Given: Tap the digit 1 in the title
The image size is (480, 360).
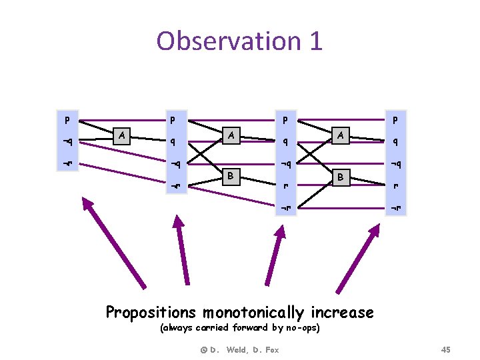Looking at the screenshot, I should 315,41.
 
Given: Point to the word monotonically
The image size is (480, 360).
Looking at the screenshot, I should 253,312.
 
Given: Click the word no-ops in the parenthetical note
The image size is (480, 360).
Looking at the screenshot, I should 303,328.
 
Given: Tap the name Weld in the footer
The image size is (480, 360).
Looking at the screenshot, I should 237,349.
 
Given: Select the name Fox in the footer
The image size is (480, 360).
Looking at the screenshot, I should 270,349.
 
